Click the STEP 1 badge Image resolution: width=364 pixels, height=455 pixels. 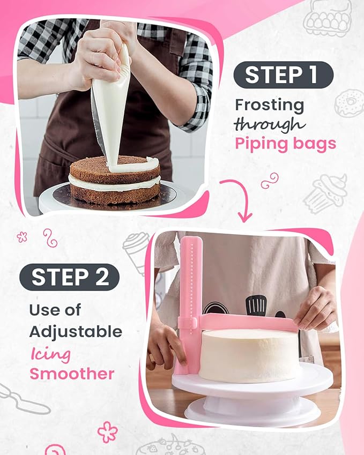[283, 74]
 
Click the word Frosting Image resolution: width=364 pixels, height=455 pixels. [269, 105]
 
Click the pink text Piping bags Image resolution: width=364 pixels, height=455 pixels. [285, 144]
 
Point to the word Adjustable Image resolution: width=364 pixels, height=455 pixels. [76, 331]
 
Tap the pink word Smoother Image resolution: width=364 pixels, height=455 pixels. [72, 373]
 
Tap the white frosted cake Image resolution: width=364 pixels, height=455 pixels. [249, 355]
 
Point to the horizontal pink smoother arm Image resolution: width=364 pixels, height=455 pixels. [247, 323]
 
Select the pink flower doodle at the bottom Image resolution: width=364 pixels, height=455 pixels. [107, 431]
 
